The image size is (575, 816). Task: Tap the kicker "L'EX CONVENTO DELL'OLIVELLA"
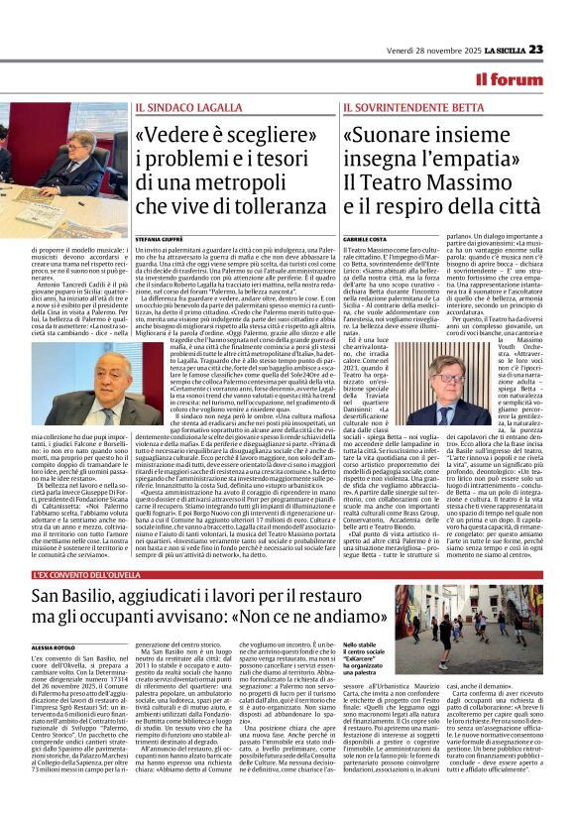pos(85,575)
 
